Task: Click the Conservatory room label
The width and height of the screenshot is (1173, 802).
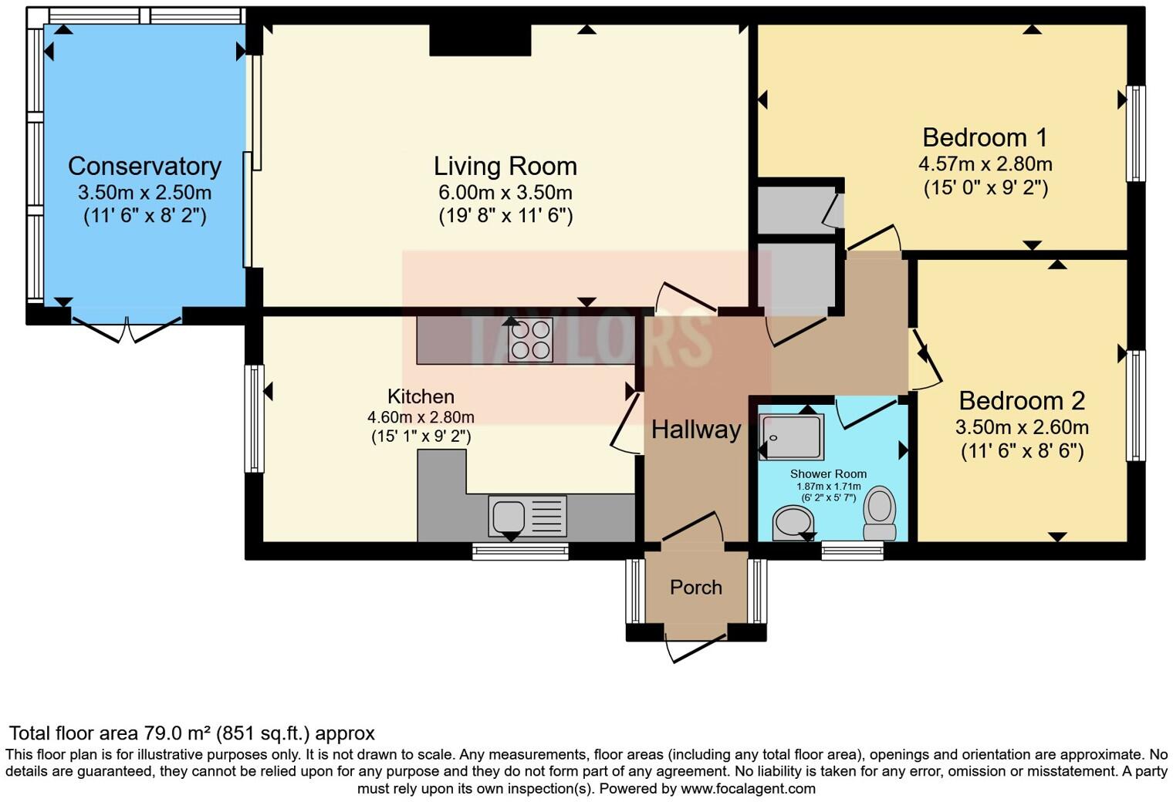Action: pos(144,167)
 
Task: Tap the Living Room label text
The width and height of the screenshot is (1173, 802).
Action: pos(505,167)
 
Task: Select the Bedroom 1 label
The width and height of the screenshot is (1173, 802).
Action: pos(985,137)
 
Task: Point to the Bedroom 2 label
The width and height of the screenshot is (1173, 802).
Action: pos(1022,401)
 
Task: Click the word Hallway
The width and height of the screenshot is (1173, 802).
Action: pos(696,430)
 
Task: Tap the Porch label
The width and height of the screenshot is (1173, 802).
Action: pos(696,587)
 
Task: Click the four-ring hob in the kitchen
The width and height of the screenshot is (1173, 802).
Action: pos(531,340)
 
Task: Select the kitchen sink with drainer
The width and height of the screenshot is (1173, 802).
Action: pos(527,517)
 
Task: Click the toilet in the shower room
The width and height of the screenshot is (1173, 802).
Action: pos(880,513)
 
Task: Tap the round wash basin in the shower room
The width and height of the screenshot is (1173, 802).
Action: pos(793,523)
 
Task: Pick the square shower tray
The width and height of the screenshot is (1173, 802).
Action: pos(792,437)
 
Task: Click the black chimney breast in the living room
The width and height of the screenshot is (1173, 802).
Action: pos(480,40)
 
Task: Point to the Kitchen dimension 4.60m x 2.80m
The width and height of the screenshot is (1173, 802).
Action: pos(421,417)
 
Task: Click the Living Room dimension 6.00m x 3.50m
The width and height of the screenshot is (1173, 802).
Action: pos(505,193)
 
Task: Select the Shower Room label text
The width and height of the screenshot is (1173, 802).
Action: pos(829,474)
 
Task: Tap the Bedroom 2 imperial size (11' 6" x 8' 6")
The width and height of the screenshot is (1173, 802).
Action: pos(1023,451)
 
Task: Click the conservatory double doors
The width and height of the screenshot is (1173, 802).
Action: pos(127,329)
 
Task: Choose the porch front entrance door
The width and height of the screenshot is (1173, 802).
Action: pos(695,648)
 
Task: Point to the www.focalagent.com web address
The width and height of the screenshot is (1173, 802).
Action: pos(748,789)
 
